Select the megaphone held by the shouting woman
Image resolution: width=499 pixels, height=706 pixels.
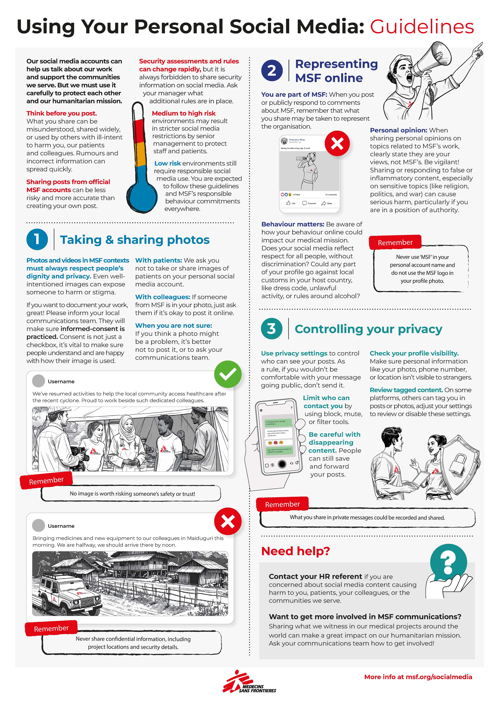tap(430, 61)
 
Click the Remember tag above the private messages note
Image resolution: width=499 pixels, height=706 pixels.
tap(282, 504)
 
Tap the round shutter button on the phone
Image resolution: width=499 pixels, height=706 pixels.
tap(282, 464)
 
